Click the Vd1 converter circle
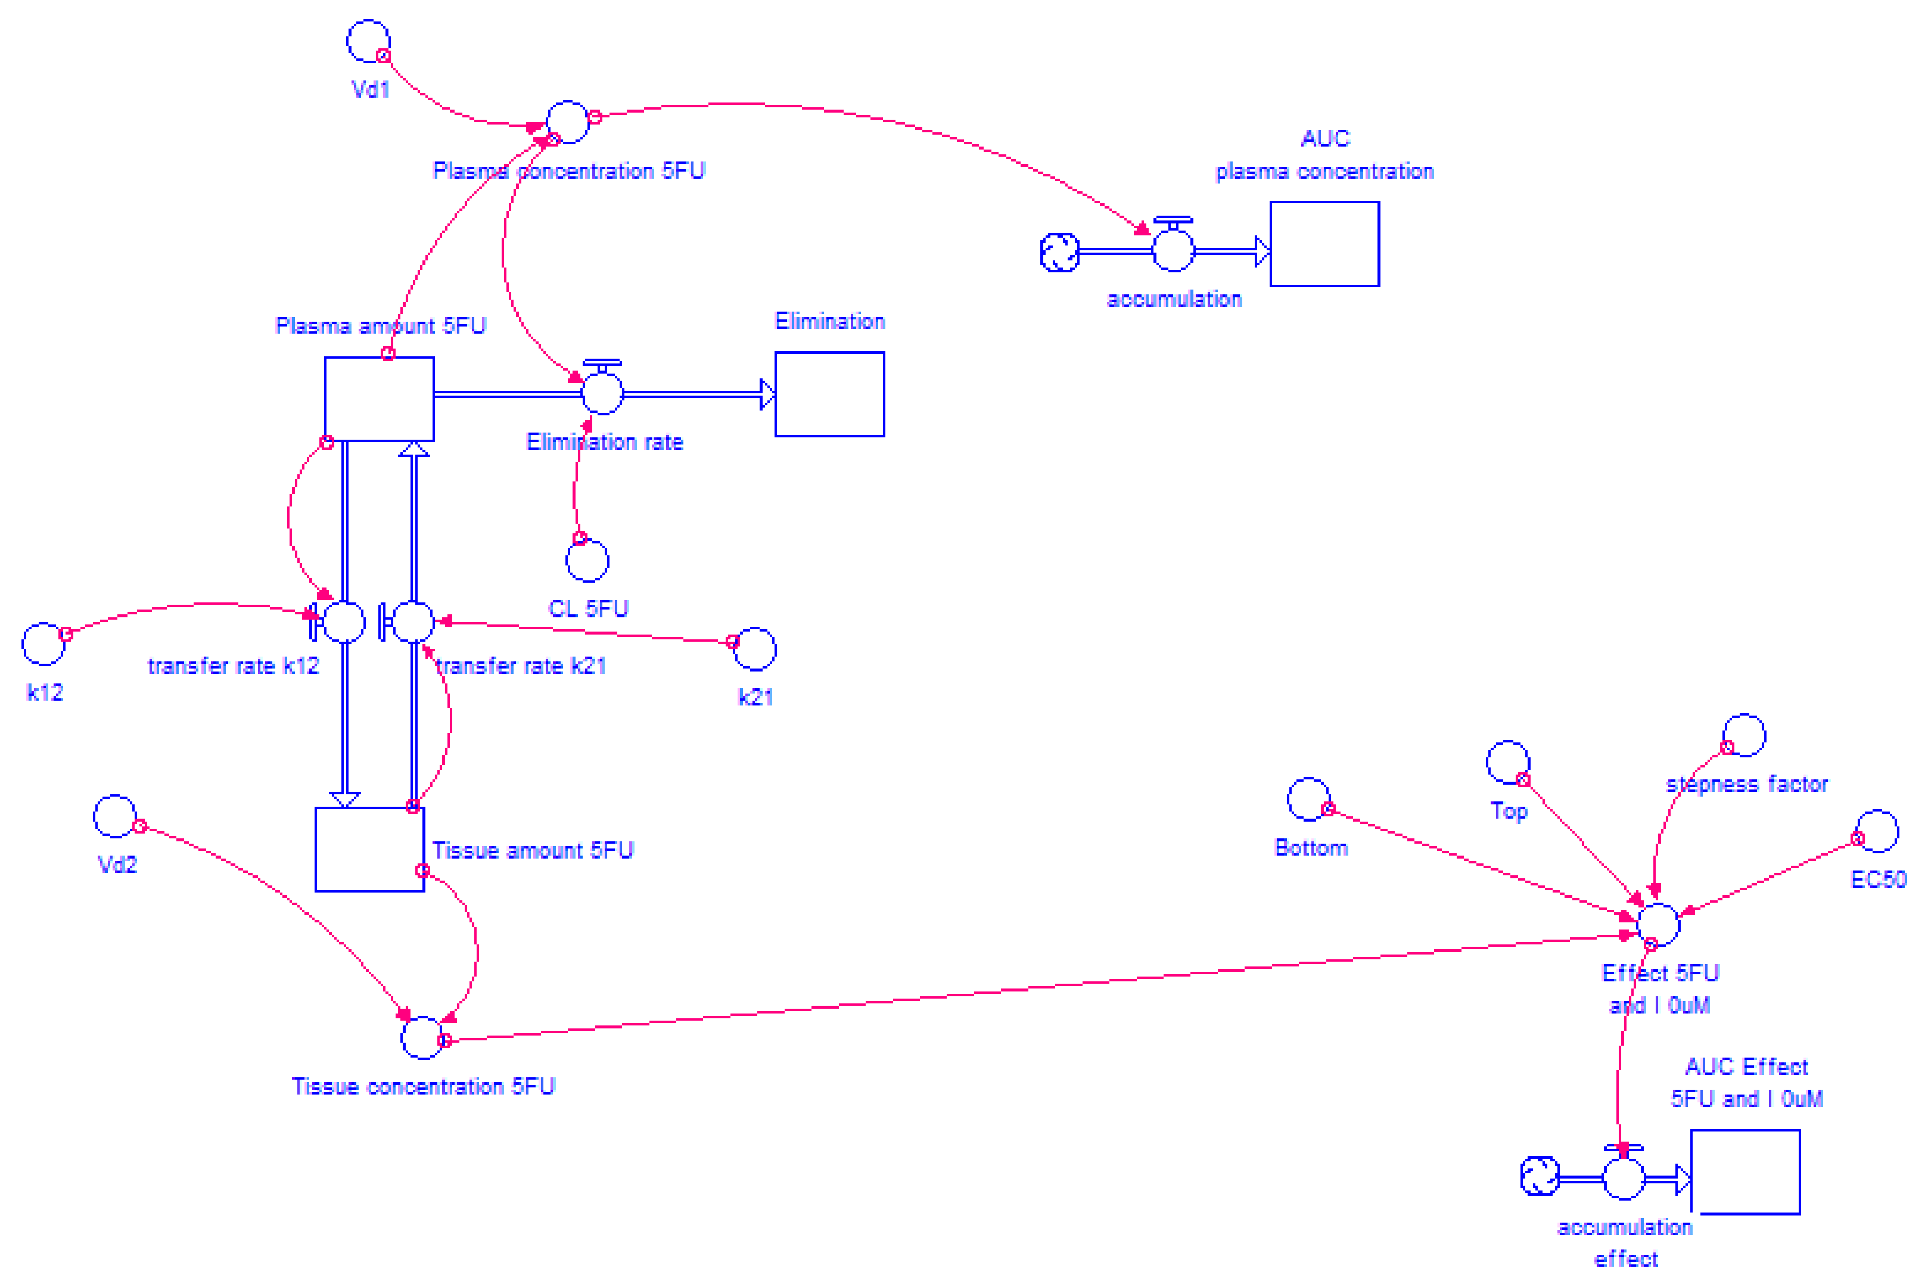[x=368, y=41]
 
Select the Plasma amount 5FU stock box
[x=379, y=399]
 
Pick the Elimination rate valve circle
[x=602, y=393]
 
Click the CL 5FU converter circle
[x=587, y=561]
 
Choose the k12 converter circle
[x=43, y=643]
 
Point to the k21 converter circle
[x=755, y=649]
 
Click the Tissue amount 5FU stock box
[x=369, y=850]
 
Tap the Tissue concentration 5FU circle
[x=422, y=1037]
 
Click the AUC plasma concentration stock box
[x=1324, y=244]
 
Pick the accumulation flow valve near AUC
[x=1173, y=250]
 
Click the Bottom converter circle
[x=1308, y=800]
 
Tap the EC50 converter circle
[x=1877, y=831]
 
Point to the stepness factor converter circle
[x=1743, y=735]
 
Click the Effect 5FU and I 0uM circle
[x=1658, y=924]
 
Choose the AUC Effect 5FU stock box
[x=1745, y=1172]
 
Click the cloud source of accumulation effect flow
[x=1539, y=1176]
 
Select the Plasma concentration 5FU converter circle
[x=567, y=122]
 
